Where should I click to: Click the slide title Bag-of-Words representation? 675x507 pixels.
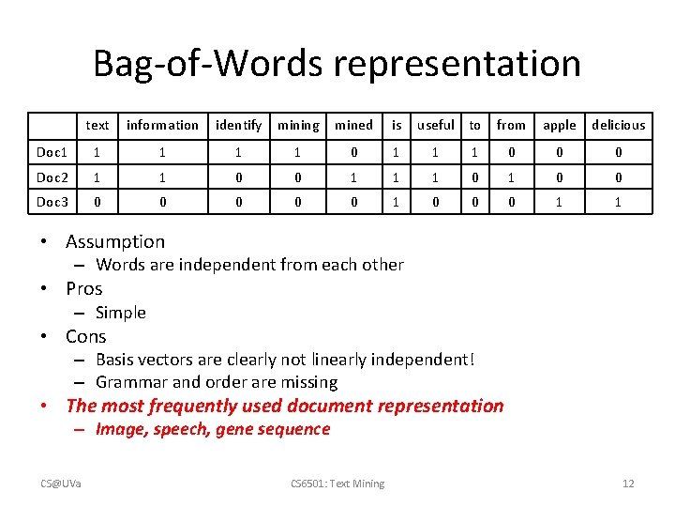337,64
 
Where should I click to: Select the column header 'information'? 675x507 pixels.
162,125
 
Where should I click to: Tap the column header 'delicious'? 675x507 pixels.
618,125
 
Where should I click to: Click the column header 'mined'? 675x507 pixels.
353,125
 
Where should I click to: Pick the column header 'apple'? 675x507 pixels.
560,125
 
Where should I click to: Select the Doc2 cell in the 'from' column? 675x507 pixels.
511,177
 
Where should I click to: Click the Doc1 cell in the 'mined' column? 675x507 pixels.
353,152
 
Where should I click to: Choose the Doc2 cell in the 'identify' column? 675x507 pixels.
239,177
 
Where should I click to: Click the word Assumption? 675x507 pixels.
115,242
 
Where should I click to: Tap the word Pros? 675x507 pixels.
84,288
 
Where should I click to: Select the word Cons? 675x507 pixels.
86,336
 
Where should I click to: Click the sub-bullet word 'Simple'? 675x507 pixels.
121,313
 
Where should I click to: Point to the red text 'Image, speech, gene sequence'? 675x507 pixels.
213,429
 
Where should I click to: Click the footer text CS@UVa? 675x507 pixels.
60,484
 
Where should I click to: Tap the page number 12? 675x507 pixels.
628,484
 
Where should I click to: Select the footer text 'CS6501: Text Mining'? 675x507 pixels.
337,484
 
